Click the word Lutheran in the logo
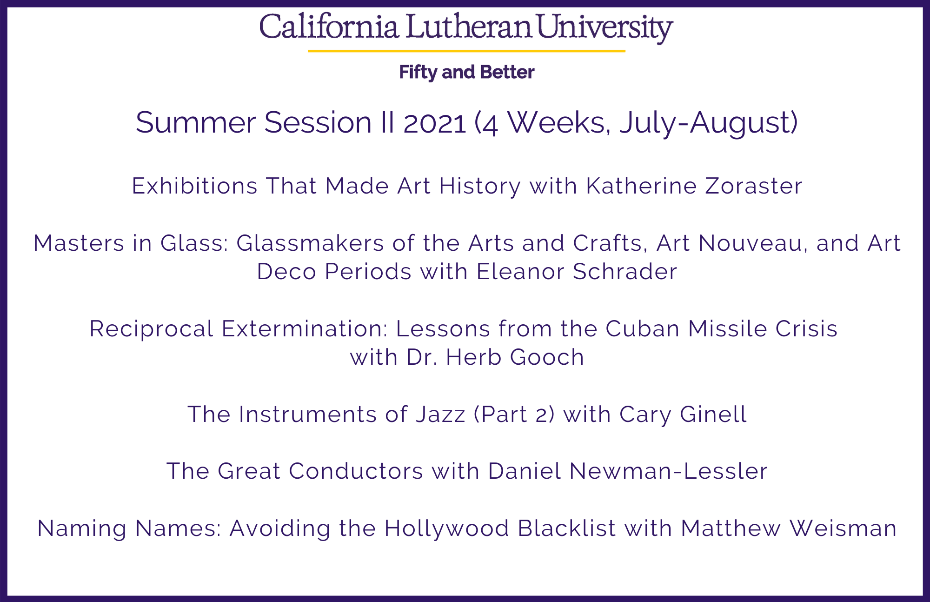(468, 27)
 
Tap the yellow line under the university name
(466, 51)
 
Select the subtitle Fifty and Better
(467, 73)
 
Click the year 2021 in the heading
(435, 123)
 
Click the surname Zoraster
(754, 186)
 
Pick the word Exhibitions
(195, 186)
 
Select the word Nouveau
(753, 244)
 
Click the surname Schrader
(625, 272)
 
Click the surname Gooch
(547, 357)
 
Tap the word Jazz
(441, 415)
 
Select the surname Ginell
(713, 415)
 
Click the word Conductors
(356, 471)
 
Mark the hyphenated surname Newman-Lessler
(668, 471)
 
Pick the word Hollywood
(447, 529)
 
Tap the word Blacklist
(567, 528)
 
